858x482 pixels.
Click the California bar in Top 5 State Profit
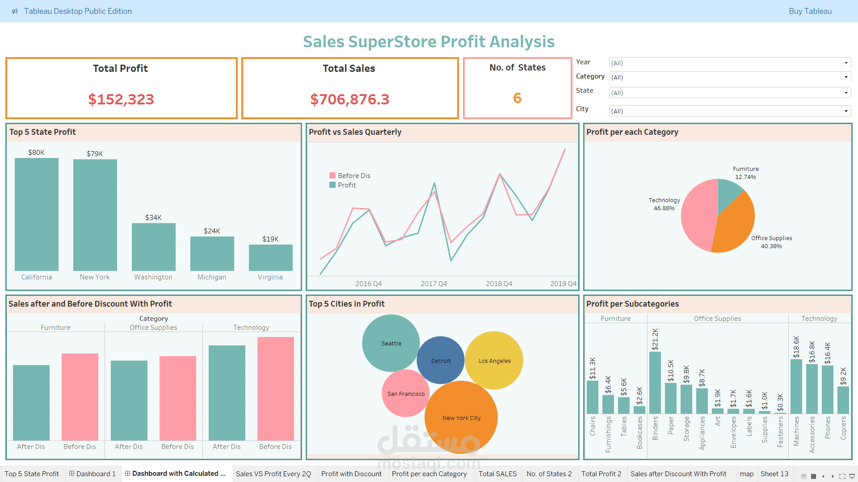[x=37, y=214]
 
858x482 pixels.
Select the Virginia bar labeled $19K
[x=270, y=258]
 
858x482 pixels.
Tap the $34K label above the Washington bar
[x=153, y=218]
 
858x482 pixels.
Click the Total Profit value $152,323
[x=121, y=99]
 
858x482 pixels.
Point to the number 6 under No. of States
[x=517, y=98]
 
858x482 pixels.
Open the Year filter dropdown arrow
[x=845, y=63]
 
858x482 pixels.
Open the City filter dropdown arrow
[x=845, y=111]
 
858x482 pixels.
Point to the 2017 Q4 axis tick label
[x=433, y=283]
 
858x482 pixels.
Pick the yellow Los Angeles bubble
[x=494, y=361]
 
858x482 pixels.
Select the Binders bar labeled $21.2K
[x=655, y=382]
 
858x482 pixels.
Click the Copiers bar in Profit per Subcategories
[x=843, y=400]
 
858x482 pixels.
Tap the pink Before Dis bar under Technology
[x=275, y=388]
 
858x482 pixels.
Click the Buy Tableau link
[x=810, y=11]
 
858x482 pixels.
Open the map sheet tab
[x=746, y=474]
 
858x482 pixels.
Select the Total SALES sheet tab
[x=497, y=474]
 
